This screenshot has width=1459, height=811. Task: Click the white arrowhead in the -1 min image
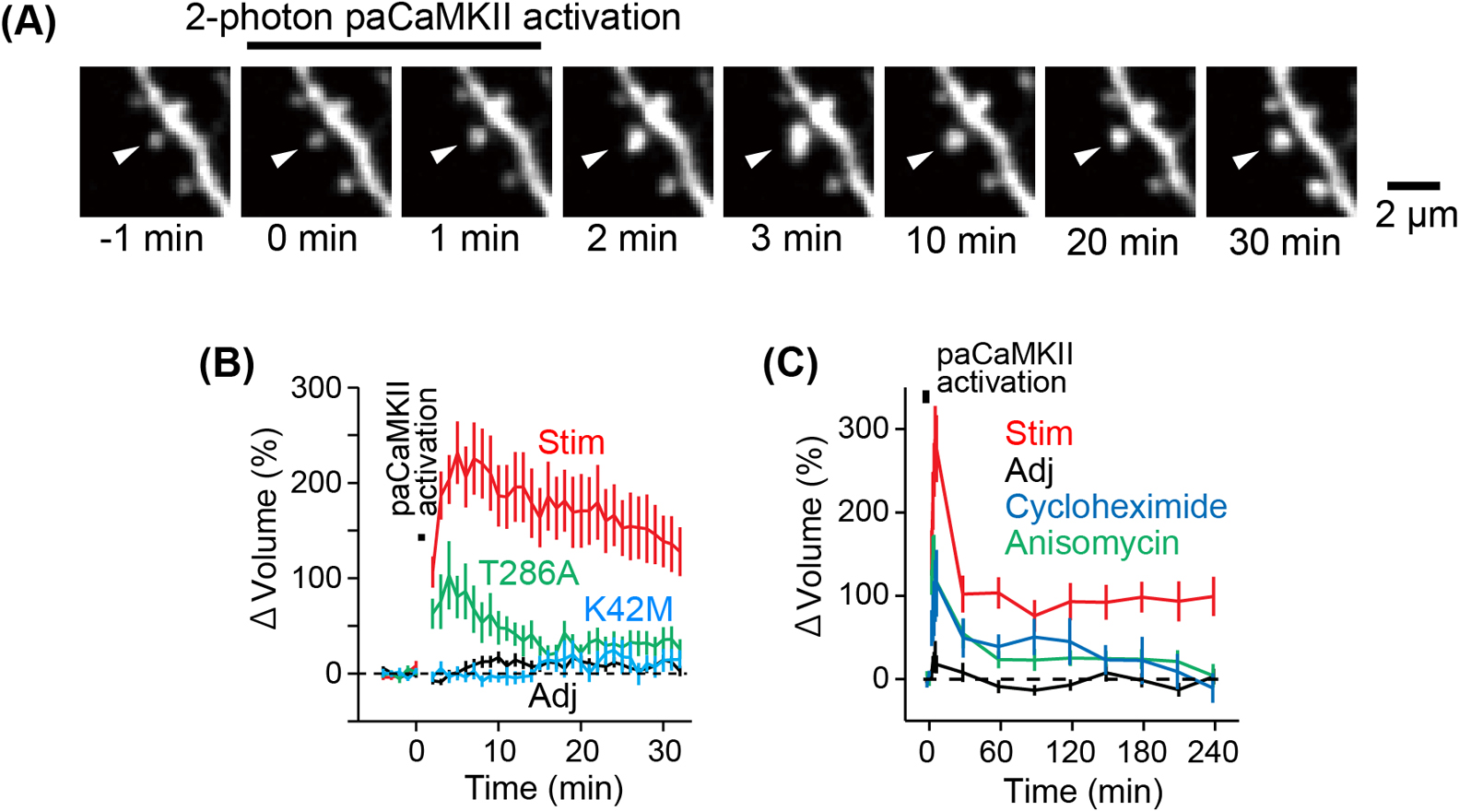pos(125,155)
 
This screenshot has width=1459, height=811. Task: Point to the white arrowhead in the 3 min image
pos(759,159)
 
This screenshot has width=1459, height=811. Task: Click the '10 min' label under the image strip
pos(961,241)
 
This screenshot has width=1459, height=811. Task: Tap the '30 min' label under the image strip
pos(1285,242)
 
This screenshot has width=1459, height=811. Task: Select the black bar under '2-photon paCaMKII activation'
pos(394,45)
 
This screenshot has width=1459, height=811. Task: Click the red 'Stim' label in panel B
pos(571,443)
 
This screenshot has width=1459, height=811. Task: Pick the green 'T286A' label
pos(529,573)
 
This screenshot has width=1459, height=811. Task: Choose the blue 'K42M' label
pos(628,610)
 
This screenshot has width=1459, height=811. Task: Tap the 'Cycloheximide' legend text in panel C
pos(1116,507)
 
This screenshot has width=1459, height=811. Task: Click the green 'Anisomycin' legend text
pos(1092,543)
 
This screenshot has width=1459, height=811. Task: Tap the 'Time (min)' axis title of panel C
pos(1083,792)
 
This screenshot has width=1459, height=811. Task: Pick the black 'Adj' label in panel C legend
pos(1030,471)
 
